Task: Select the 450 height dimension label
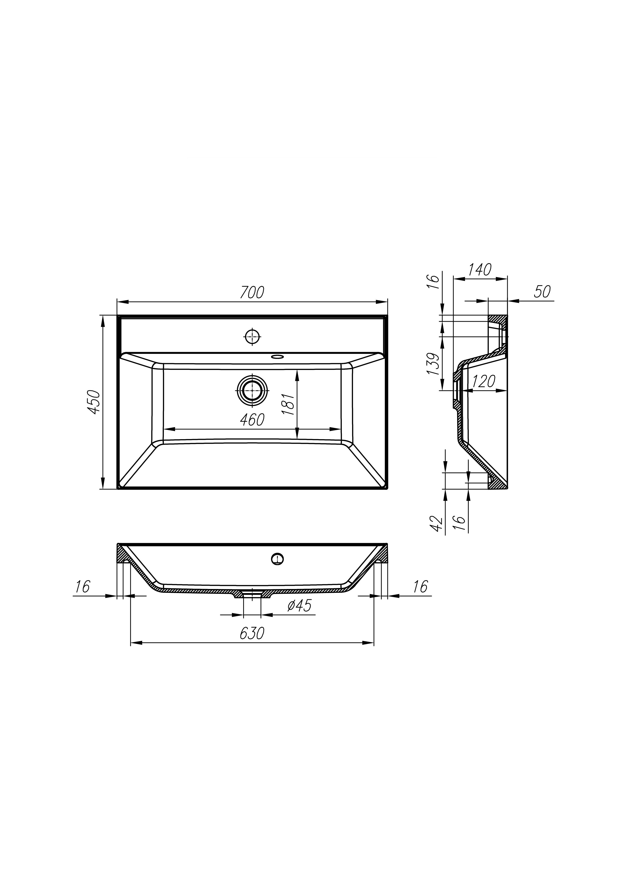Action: (x=94, y=402)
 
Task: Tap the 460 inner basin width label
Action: (x=252, y=420)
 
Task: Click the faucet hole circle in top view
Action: (x=252, y=337)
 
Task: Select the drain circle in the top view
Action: (x=252, y=390)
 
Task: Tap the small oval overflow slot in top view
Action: (x=276, y=356)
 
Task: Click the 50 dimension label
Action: (x=542, y=291)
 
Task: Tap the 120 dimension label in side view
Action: (x=483, y=382)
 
